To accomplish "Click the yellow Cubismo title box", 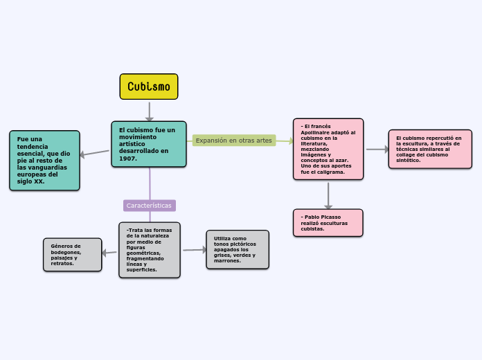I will pos(149,87).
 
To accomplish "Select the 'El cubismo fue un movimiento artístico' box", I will pos(149,144).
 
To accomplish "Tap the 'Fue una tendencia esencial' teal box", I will pos(44,160).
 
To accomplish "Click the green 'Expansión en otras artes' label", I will pos(234,141).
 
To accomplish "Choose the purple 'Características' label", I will pos(149,206).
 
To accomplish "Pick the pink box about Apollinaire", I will pos(328,149).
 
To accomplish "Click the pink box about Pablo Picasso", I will pos(328,223).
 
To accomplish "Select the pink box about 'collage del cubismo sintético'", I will pos(430,149).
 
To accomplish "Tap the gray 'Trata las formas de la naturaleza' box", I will pos(149,250).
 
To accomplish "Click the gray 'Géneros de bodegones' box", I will pos(72,255).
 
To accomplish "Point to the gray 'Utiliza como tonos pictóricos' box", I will pos(238,249).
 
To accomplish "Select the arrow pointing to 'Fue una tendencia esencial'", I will pos(94,154).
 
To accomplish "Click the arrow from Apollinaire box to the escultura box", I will pos(377,149).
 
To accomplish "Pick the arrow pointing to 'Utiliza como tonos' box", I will pos(195,250).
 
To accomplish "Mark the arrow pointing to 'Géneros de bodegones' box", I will pos(109,253).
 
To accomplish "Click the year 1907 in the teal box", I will pos(127,159).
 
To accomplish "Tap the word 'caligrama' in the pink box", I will pos(332,172).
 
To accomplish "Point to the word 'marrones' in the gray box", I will pos(227,261).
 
